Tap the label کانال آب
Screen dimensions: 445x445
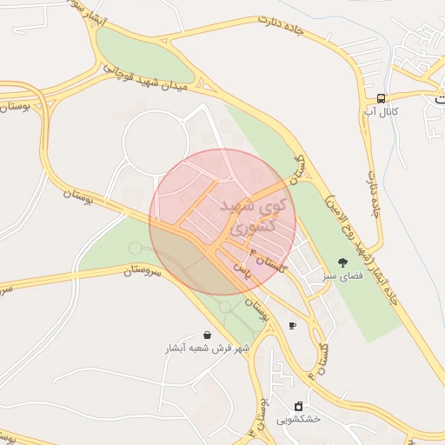point(382,112)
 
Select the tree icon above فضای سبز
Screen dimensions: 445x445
point(343,262)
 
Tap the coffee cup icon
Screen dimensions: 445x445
point(292,326)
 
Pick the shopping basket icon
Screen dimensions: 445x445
point(208,335)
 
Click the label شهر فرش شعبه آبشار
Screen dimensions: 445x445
point(208,348)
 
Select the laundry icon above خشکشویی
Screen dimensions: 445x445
point(299,406)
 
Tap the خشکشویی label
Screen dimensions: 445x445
point(299,419)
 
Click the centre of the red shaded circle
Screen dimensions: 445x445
point(222,222)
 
